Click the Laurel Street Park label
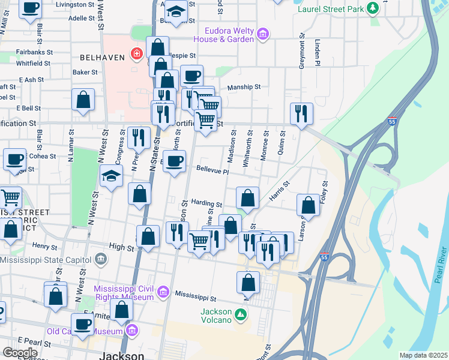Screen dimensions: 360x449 point(331,10)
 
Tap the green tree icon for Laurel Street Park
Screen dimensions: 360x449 point(373,8)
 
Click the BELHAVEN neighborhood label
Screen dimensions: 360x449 point(103,57)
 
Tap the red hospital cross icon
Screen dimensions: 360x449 point(137,54)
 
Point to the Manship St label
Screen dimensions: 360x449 point(244,86)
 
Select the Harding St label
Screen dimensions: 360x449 point(206,204)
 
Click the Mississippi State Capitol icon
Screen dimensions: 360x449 point(100,260)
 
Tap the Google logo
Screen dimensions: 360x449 point(20,353)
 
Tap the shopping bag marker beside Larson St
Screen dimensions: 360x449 point(308,205)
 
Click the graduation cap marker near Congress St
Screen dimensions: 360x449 point(111,176)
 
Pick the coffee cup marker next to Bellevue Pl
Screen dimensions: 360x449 point(175,161)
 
